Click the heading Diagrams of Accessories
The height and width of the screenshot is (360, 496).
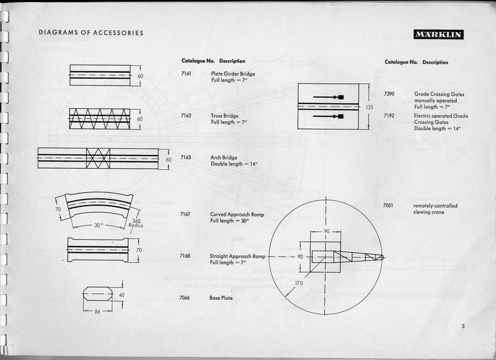(x=91, y=32)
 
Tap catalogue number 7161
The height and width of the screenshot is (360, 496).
(x=186, y=74)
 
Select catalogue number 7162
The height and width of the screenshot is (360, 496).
(x=186, y=116)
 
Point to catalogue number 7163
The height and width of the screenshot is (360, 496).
(x=185, y=157)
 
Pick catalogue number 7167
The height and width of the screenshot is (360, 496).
(x=185, y=214)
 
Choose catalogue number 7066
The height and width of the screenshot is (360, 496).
(x=185, y=298)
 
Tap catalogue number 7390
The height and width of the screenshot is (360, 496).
(x=389, y=94)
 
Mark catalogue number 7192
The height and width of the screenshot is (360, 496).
(x=389, y=116)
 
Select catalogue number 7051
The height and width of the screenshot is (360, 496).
(x=389, y=206)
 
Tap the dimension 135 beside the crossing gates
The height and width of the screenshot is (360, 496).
(x=370, y=107)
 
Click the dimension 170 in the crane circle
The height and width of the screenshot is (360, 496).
(x=299, y=284)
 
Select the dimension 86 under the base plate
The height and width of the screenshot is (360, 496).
(x=98, y=312)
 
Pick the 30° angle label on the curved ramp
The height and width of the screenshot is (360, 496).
(x=99, y=226)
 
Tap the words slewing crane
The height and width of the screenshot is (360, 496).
(x=430, y=213)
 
